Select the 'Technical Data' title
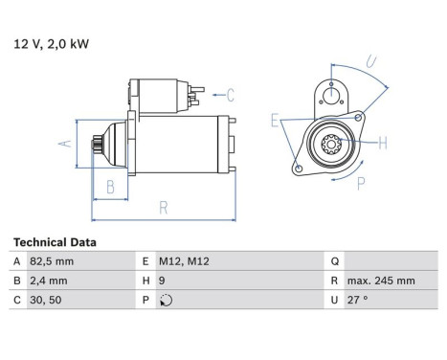[x=55, y=243]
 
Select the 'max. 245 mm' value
[x=380, y=281]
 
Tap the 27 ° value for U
[x=357, y=300]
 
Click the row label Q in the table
[x=333, y=261]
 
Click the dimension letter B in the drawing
[x=111, y=187]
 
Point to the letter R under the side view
[x=164, y=206]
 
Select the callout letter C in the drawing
[x=230, y=94]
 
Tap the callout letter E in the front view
[x=275, y=121]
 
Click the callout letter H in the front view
[x=382, y=144]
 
